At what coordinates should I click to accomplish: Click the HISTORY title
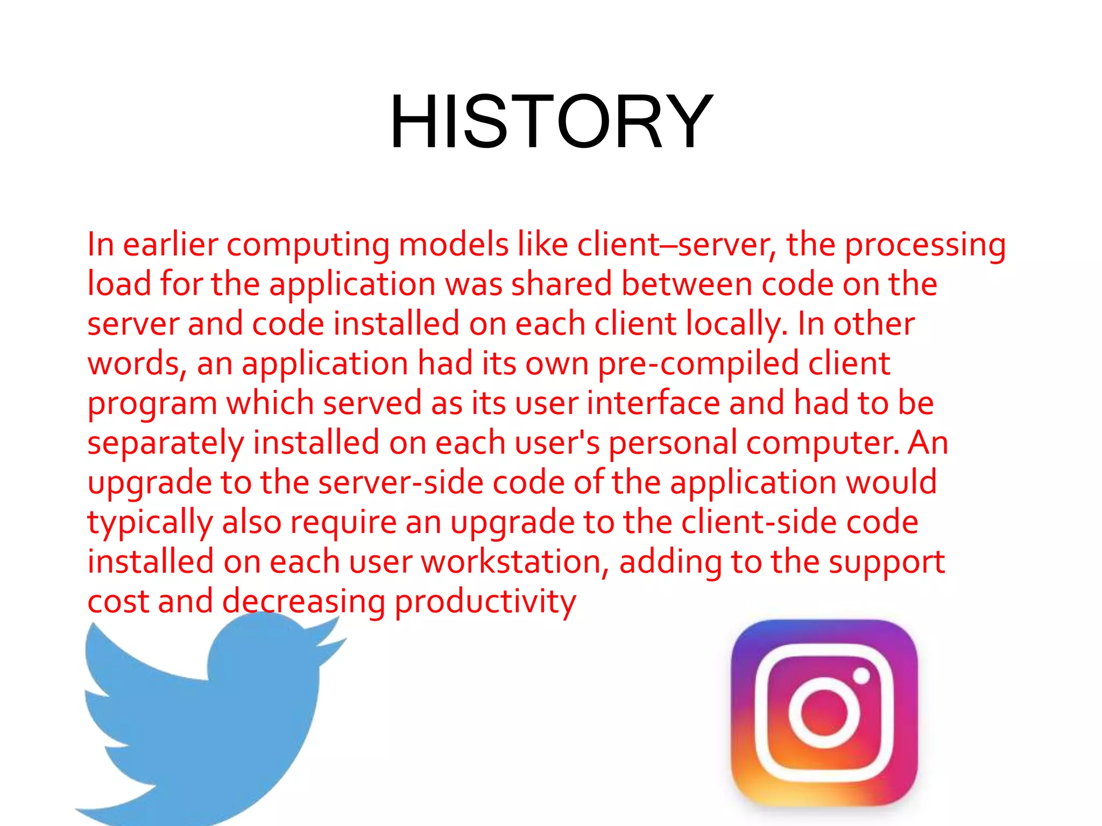551,122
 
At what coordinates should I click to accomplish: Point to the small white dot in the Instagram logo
861,675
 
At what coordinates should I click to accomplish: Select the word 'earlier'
170,245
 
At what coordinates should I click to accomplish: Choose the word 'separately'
166,443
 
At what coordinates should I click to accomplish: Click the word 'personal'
673,443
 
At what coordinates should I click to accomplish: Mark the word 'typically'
150,523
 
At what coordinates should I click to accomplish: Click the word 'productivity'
485,602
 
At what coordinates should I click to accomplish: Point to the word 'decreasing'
303,602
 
